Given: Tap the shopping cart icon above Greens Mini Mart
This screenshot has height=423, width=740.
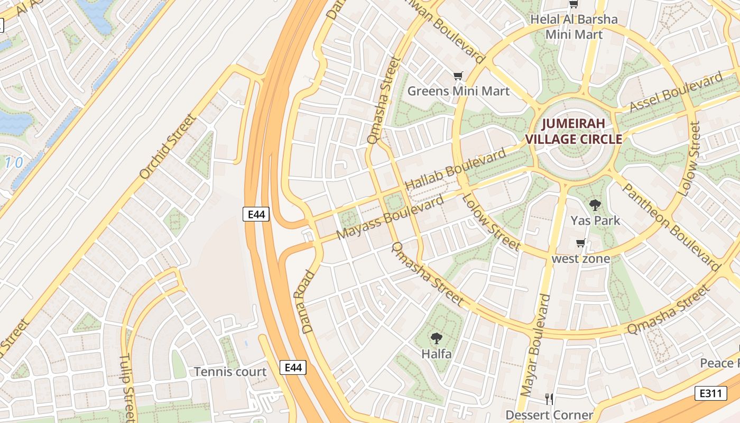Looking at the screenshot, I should tap(458, 76).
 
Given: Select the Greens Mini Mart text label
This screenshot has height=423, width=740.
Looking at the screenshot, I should tap(458, 91).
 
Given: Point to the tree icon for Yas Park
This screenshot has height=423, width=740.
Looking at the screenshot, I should tap(595, 205).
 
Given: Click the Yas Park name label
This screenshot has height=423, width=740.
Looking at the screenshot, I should tap(595, 220).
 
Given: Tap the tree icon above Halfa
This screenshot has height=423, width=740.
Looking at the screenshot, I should tap(436, 338).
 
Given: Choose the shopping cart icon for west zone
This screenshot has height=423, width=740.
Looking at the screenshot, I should tap(580, 243).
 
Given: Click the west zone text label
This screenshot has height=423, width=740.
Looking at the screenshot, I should tap(580, 259).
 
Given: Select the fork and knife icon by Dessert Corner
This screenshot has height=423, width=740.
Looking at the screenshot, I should tap(549, 399).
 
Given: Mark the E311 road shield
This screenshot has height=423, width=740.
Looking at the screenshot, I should tap(710, 393).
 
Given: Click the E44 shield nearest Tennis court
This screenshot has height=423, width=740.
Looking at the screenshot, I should tap(292, 367).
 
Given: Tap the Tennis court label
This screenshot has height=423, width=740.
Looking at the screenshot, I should tap(230, 372).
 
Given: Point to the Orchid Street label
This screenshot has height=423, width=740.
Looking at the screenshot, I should tap(168, 146).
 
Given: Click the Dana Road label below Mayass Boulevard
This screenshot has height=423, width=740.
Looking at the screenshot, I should tap(308, 302).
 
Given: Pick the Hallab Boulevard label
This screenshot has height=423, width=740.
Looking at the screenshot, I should tap(455, 170).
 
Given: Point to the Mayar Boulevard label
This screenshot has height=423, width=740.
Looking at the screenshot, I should tap(535, 345).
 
